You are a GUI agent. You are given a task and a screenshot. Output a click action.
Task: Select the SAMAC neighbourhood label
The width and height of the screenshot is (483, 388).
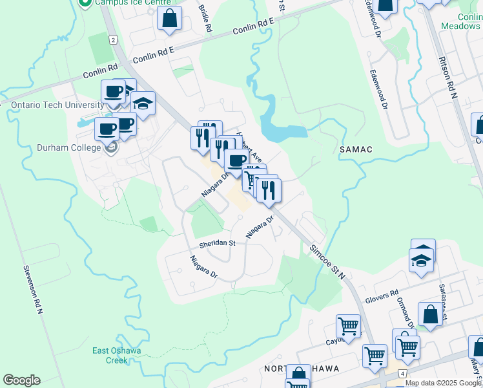pyautogui.click(x=356, y=149)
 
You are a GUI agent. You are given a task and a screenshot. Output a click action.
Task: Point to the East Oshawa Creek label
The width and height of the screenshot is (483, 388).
pyautogui.click(x=116, y=356)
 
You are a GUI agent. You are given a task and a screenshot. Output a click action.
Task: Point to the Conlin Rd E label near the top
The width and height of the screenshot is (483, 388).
pyautogui.click(x=254, y=26)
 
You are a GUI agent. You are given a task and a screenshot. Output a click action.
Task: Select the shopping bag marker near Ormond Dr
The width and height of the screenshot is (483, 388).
pyautogui.click(x=429, y=315)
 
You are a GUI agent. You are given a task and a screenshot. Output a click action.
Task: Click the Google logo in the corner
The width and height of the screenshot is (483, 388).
pyautogui.click(x=21, y=380)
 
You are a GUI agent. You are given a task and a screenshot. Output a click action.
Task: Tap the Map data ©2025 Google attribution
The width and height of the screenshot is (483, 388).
pyautogui.click(x=444, y=383)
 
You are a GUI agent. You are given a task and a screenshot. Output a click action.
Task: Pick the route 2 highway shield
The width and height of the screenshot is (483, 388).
pyautogui.click(x=113, y=40)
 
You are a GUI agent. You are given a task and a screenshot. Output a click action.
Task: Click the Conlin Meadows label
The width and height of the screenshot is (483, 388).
pyautogui.click(x=460, y=21)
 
